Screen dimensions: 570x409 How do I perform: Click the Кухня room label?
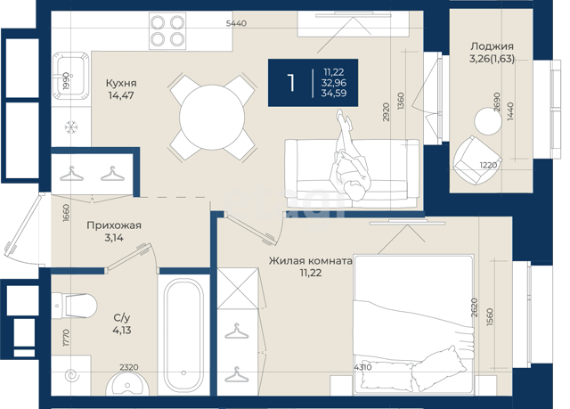[121, 83]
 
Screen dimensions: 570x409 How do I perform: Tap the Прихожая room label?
[114, 225]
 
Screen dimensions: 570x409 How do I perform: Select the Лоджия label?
[492, 46]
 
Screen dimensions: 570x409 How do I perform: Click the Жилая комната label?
[311, 261]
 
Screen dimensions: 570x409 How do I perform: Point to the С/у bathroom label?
[122, 318]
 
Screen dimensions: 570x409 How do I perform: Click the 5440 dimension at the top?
[236, 23]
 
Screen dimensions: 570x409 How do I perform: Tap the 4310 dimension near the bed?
[362, 367]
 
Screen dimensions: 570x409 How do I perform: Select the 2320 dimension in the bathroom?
[129, 367]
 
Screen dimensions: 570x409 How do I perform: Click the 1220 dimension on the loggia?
[488, 165]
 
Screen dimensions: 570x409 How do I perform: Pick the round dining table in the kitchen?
[212, 117]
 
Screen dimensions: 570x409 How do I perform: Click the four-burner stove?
[167, 31]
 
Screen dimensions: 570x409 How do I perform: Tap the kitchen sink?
[70, 76]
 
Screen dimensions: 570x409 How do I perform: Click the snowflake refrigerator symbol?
[70, 127]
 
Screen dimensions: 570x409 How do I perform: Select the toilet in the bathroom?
[74, 306]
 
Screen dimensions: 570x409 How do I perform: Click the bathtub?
[183, 336]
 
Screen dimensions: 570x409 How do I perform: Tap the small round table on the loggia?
[488, 121]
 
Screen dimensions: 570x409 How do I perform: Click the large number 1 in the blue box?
[291, 83]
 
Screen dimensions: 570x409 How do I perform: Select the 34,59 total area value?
[334, 94]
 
